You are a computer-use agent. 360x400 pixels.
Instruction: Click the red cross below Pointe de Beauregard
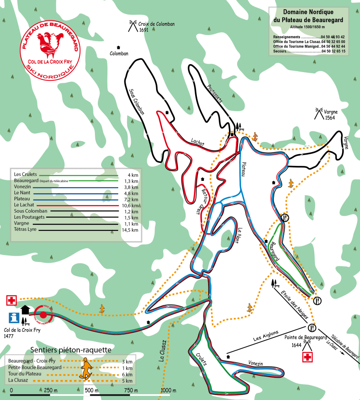308,357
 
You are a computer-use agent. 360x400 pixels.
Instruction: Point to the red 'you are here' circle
43,315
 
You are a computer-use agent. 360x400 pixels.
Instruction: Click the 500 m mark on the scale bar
90,390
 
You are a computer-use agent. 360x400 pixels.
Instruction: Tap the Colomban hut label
119,53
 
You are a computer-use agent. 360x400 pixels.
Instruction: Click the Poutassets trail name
215,93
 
